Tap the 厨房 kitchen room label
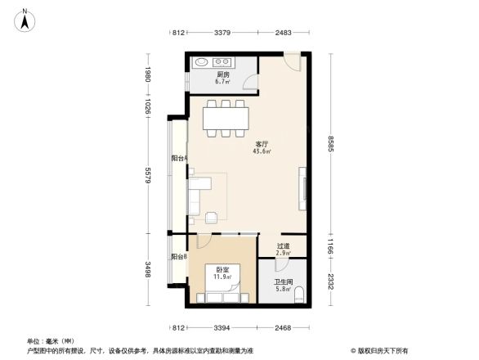click(x=222, y=75)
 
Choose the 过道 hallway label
click(x=283, y=245)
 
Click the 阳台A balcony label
click(x=179, y=158)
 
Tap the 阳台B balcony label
click(x=179, y=257)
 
